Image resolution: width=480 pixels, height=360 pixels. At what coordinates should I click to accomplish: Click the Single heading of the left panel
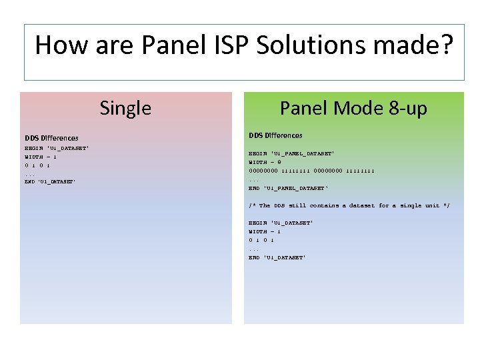coord(125,108)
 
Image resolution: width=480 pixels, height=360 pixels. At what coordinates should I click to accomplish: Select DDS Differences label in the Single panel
coord(51,138)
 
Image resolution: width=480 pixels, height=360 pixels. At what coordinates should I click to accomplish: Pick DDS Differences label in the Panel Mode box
coord(275,135)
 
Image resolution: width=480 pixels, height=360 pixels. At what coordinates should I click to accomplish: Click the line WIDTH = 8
coord(265,162)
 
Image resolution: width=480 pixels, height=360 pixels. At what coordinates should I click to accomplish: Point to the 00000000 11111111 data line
coord(311,171)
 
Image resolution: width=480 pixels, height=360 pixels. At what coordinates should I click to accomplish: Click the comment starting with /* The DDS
coord(349,205)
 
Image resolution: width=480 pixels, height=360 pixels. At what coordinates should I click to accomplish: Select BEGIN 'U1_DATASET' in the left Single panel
coord(57,147)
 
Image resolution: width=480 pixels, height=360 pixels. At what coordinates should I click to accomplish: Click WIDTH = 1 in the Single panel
coord(41,156)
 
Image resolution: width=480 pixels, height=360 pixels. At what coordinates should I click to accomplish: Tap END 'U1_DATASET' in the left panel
coord(50,181)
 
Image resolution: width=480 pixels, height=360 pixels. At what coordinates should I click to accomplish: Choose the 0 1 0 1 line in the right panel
coord(261,240)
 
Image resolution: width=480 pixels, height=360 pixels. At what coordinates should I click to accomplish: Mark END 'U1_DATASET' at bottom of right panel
coord(277,257)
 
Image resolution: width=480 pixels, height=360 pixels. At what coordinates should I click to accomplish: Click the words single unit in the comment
coord(419,205)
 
